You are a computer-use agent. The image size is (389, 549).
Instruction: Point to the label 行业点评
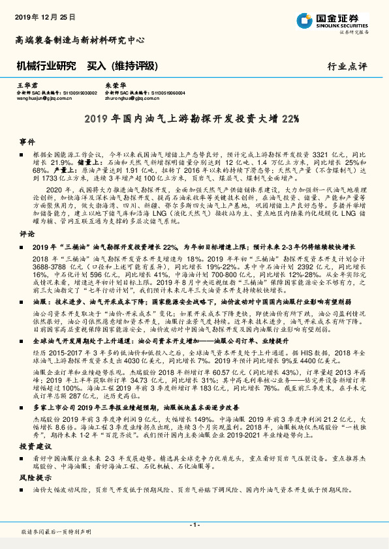tap(348, 67)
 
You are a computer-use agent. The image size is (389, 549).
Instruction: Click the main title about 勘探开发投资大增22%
tap(193, 119)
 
